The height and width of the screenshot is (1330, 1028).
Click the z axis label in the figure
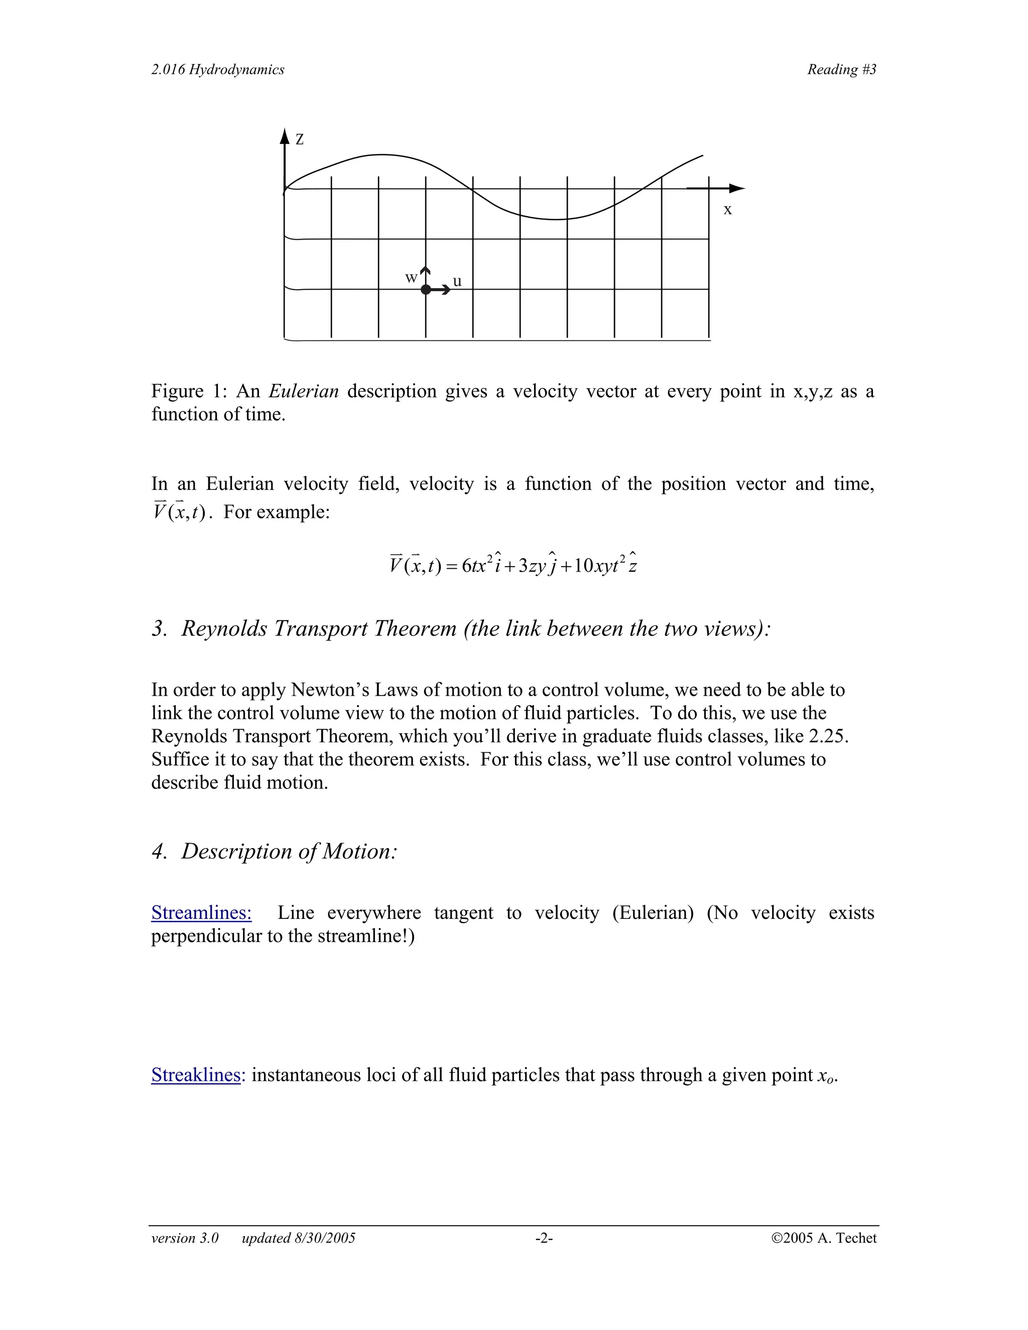300,140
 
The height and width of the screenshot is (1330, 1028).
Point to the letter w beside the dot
411,278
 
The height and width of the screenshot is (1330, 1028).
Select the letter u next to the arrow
457,282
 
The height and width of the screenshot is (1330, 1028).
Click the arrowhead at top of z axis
285,136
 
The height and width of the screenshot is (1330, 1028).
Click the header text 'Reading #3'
842,69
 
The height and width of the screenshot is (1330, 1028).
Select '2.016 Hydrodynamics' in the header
218,69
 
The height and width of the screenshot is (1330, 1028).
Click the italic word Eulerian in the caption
303,391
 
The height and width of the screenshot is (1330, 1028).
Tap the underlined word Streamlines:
202,912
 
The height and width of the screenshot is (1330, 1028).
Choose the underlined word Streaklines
195,1075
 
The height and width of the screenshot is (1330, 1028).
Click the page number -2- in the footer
544,1238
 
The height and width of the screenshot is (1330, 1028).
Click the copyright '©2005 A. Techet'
823,1238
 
